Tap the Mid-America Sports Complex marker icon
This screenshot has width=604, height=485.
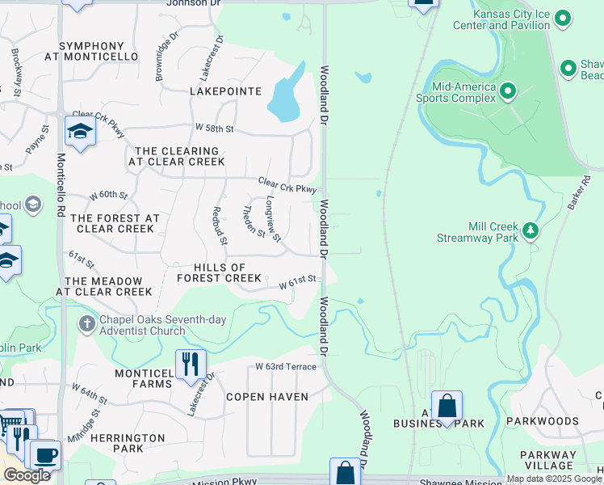508,91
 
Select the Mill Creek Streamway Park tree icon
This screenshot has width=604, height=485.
531,231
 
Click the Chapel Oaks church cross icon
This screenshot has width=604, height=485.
87,325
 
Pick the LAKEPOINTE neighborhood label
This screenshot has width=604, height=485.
225,91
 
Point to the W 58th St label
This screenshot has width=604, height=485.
214,129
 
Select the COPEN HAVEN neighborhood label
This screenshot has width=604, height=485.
267,397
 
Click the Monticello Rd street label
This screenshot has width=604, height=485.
61,187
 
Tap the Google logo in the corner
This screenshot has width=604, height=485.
27,475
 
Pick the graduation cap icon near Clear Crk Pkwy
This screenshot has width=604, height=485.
80,133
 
